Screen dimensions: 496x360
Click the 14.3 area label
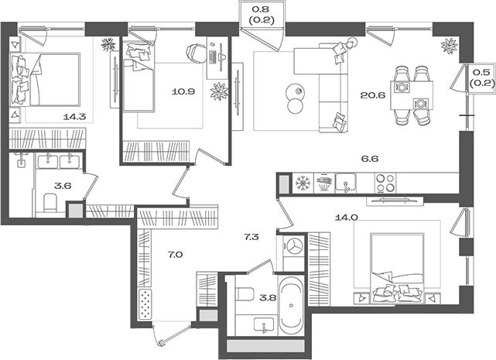pyautogui.click(x=74, y=117)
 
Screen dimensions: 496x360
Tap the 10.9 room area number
pyautogui.click(x=183, y=92)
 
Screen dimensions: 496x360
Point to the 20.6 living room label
pyautogui.click(x=373, y=95)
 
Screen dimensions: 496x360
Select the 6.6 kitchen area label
pyautogui.click(x=370, y=158)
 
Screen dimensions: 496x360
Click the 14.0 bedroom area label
pyautogui.click(x=346, y=218)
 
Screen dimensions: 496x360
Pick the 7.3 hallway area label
pyautogui.click(x=251, y=237)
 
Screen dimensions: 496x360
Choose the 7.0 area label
pyautogui.click(x=175, y=254)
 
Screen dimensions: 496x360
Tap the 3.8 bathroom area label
pyautogui.click(x=268, y=297)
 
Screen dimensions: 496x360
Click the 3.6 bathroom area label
pyautogui.click(x=63, y=186)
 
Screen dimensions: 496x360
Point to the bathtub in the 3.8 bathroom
pyautogui.click(x=291, y=305)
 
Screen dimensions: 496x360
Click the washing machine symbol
pyautogui.click(x=294, y=246)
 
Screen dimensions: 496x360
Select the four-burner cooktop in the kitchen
pyautogui.click(x=385, y=183)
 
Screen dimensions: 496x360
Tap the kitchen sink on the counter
pyautogui.click(x=345, y=183)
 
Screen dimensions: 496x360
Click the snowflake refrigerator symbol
pyautogui.click(x=303, y=183)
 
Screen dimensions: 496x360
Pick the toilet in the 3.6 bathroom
pyautogui.click(x=50, y=203)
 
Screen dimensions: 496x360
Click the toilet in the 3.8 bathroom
pyautogui.click(x=245, y=293)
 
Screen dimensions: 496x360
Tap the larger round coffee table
pyautogui.click(x=296, y=92)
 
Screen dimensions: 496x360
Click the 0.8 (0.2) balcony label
pyautogui.click(x=262, y=15)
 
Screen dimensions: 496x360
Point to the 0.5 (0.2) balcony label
pyautogui.click(x=481, y=78)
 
